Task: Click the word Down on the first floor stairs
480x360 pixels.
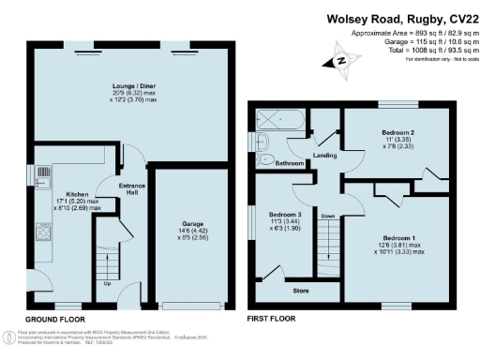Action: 327,216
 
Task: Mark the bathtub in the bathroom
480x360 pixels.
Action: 277,120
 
